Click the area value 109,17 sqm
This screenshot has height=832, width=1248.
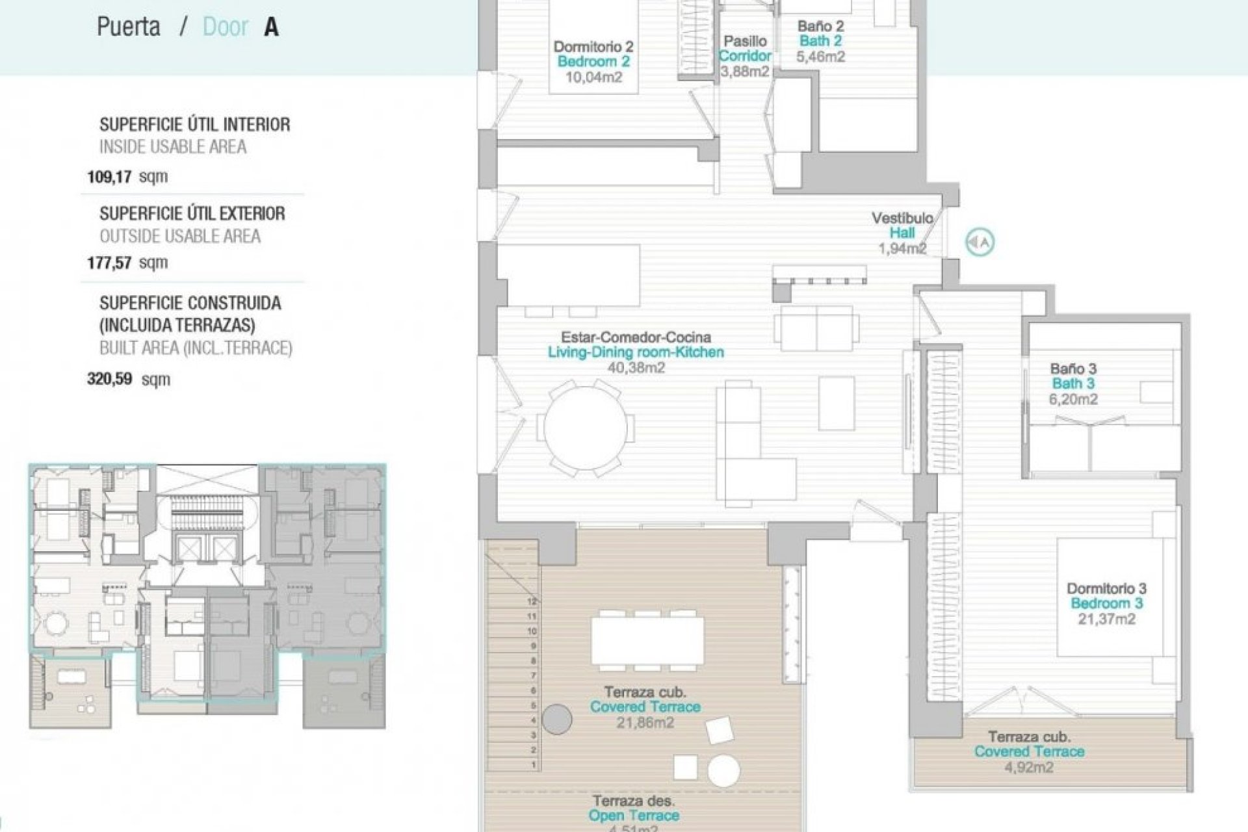[x=127, y=176]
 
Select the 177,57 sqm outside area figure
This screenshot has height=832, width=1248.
[x=127, y=263]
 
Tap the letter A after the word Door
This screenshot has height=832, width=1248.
[x=271, y=27]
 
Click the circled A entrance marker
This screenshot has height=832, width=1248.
[x=980, y=242]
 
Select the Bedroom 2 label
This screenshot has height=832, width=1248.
[x=593, y=62]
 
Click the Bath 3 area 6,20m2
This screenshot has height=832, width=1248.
[x=1073, y=399]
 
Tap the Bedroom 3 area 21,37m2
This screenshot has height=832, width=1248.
[x=1106, y=619]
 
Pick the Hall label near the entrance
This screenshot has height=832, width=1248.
[x=902, y=233]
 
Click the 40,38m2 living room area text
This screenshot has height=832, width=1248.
[x=636, y=367]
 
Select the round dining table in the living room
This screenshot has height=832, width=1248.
[x=586, y=428]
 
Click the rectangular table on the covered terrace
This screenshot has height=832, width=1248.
[x=647, y=640]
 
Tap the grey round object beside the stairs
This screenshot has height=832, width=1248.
[x=556, y=720]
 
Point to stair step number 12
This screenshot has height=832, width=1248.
[x=532, y=602]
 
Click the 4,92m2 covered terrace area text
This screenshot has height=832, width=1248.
[x=1029, y=767]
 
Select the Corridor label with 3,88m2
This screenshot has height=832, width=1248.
[x=745, y=57]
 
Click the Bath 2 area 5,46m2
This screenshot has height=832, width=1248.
[x=820, y=57]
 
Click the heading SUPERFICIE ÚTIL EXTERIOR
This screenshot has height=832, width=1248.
[x=192, y=213]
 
